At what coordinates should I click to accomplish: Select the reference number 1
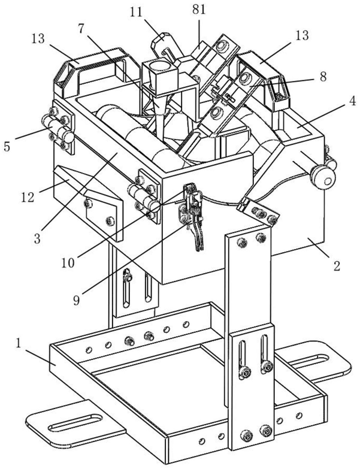point(21,344)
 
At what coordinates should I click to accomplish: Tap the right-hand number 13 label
point(301,36)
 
